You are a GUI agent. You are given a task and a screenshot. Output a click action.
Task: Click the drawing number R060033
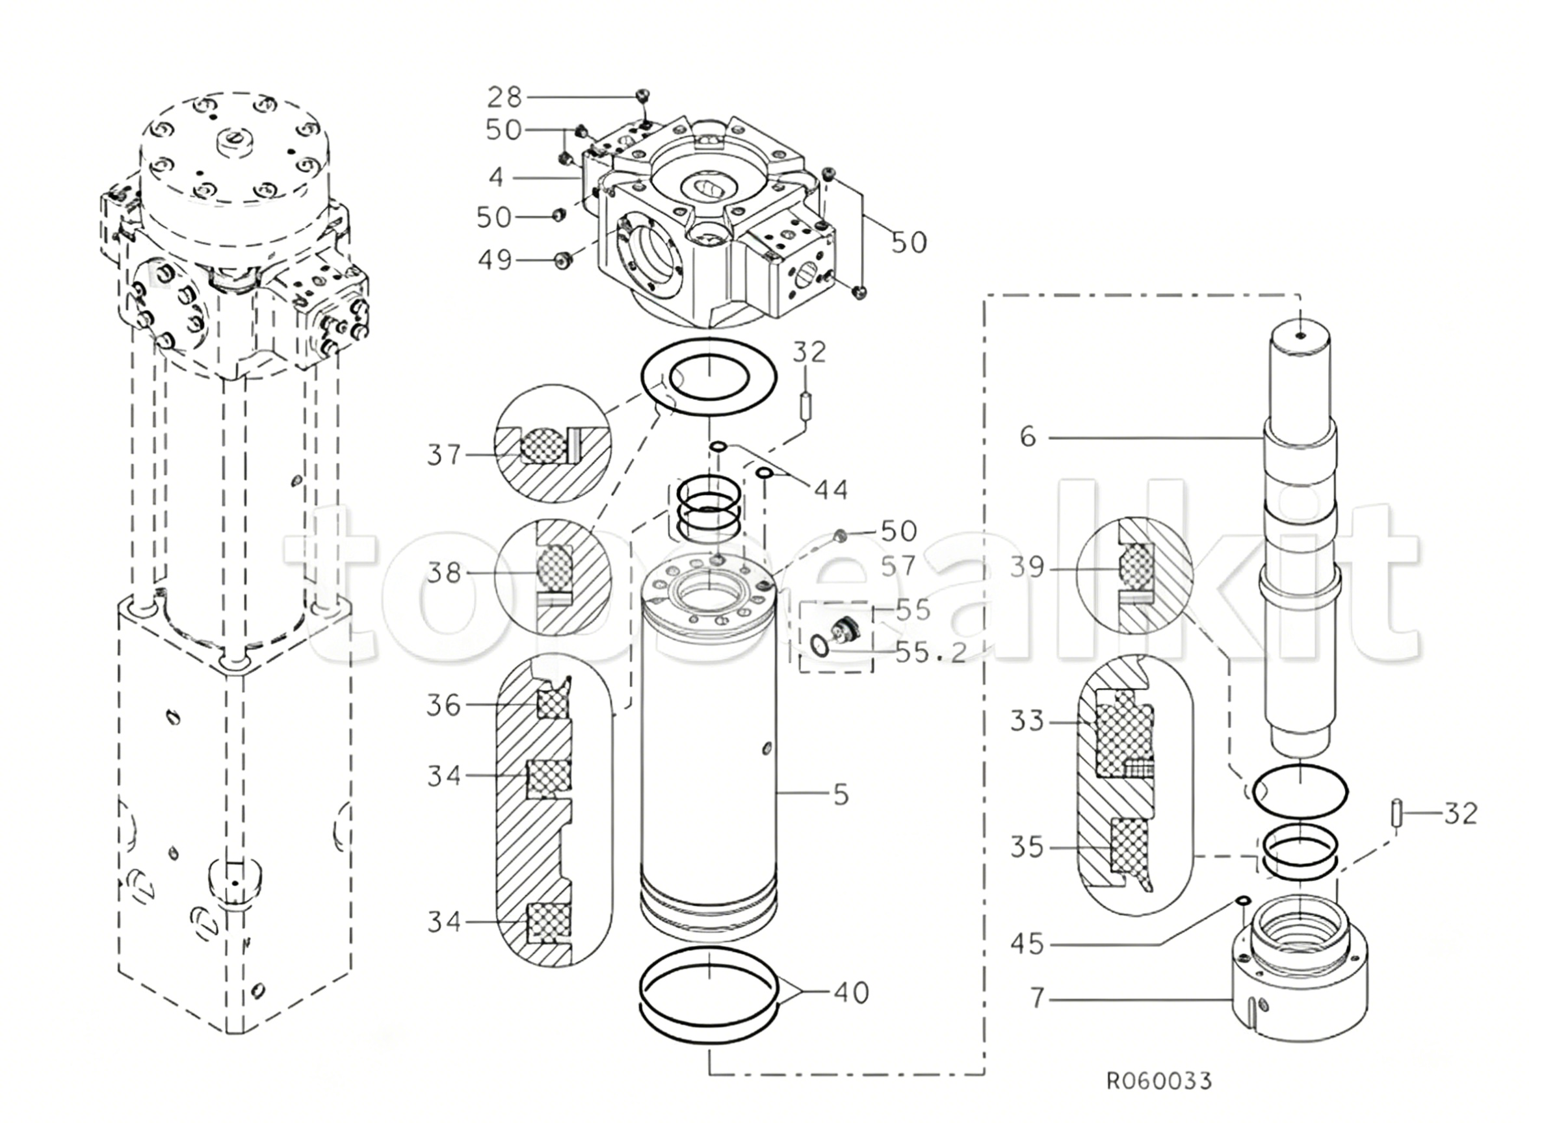[x=1158, y=1081]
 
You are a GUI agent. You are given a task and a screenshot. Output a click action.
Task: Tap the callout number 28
[x=504, y=98]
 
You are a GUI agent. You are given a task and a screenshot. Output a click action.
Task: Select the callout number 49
[x=495, y=260]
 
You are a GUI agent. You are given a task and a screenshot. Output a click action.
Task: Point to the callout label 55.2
[x=931, y=652]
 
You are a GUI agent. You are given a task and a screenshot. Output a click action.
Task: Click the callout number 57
[x=898, y=566]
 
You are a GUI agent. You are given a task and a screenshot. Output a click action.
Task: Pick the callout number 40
[x=852, y=993]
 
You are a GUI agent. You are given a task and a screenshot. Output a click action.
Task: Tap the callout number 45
[x=1027, y=944]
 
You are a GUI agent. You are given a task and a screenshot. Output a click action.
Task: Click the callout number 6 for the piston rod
[x=1028, y=437]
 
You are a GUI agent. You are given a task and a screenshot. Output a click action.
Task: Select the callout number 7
[x=1037, y=998]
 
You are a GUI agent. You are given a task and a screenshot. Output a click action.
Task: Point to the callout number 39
[x=1027, y=567]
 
